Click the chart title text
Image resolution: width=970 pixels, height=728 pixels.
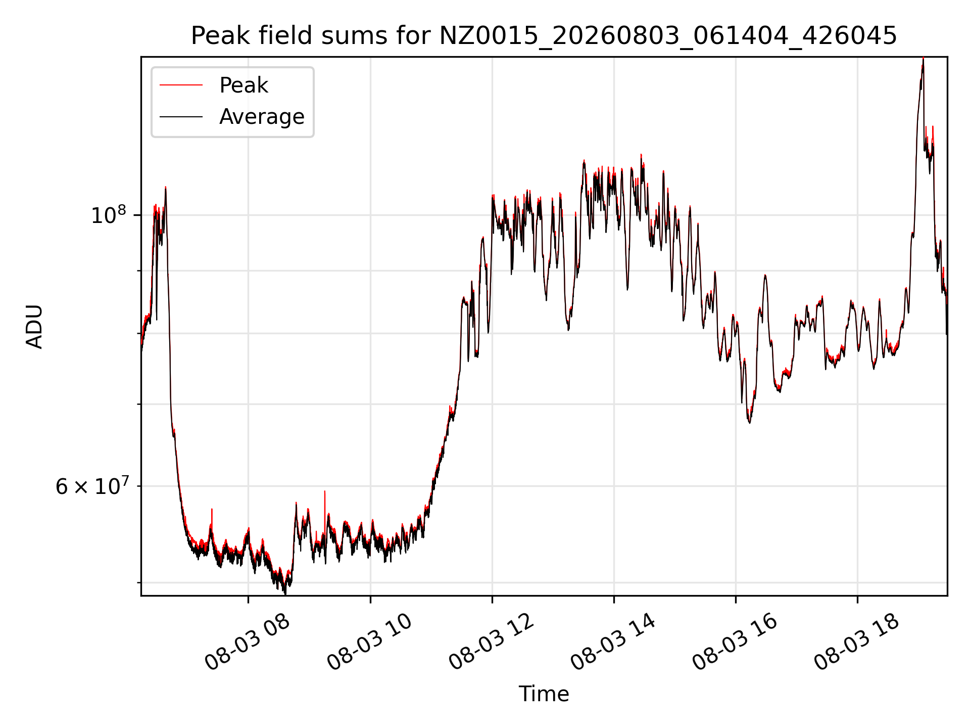click(544, 36)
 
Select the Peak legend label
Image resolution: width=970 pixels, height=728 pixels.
click(244, 85)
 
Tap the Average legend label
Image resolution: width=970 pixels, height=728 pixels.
click(262, 117)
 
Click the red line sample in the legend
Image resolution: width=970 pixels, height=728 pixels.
click(181, 85)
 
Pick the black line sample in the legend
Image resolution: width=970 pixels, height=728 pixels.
click(181, 117)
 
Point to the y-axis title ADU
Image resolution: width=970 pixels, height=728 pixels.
click(34, 326)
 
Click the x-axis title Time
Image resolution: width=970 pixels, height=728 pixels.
click(544, 694)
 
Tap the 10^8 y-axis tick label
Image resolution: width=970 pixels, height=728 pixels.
click(108, 214)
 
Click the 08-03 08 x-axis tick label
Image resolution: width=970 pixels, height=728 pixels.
click(247, 642)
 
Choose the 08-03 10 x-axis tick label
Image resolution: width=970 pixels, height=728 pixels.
click(369, 642)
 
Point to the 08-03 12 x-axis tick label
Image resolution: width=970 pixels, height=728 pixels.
click(491, 642)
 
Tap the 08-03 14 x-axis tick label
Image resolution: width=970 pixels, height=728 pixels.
click(613, 642)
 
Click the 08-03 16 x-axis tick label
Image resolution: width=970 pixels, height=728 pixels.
click(735, 642)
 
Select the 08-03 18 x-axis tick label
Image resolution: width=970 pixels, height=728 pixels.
click(856, 642)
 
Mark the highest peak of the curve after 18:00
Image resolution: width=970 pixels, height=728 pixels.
click(923, 59)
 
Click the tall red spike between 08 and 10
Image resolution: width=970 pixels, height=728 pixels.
click(324, 491)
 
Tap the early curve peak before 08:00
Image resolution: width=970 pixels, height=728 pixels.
click(165, 188)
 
